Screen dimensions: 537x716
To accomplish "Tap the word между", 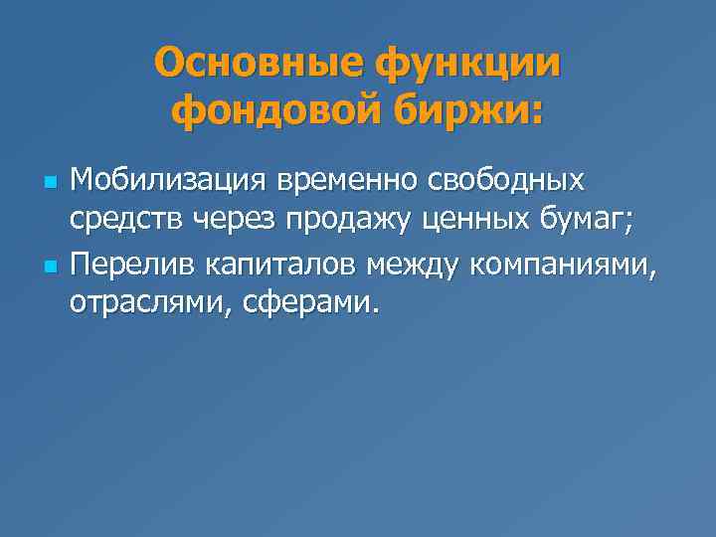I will (418, 266).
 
